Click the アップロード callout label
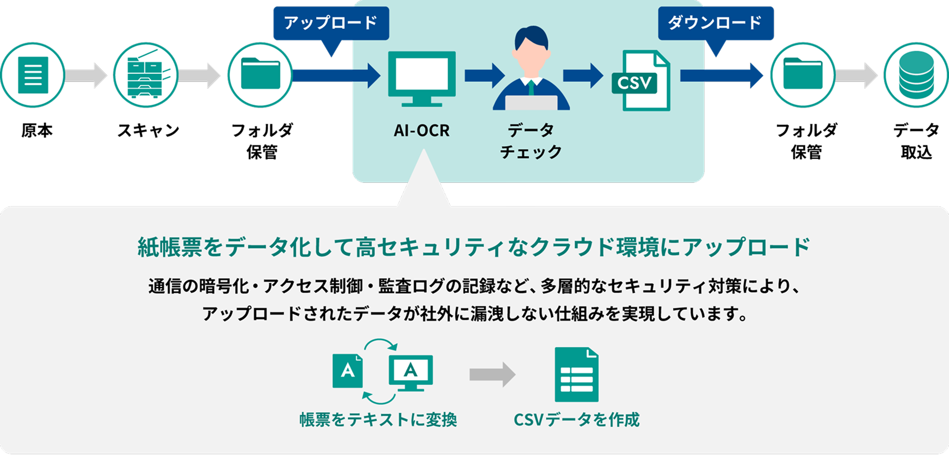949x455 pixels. click(x=331, y=23)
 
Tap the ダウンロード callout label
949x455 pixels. click(x=715, y=23)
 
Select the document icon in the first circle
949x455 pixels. click(x=33, y=75)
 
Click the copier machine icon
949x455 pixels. click(x=146, y=75)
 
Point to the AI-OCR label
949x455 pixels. click(x=422, y=131)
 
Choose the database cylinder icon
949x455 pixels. click(x=916, y=75)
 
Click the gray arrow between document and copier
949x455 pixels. click(x=86, y=75)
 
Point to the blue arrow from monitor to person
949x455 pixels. click(x=484, y=75)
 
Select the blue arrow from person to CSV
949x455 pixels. click(x=583, y=75)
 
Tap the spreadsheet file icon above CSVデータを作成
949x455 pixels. click(x=576, y=375)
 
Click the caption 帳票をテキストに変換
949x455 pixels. click(x=378, y=420)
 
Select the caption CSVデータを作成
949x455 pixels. click(x=576, y=420)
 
